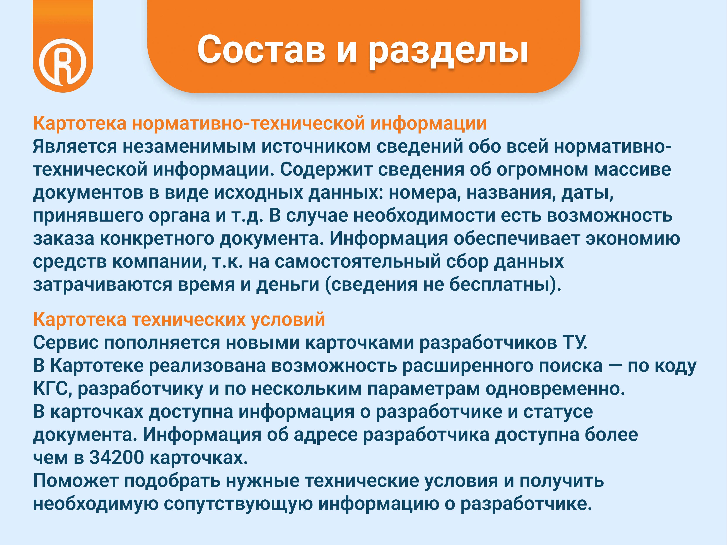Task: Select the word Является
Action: (75, 146)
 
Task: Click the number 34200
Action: (117, 458)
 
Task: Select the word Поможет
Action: (76, 481)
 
